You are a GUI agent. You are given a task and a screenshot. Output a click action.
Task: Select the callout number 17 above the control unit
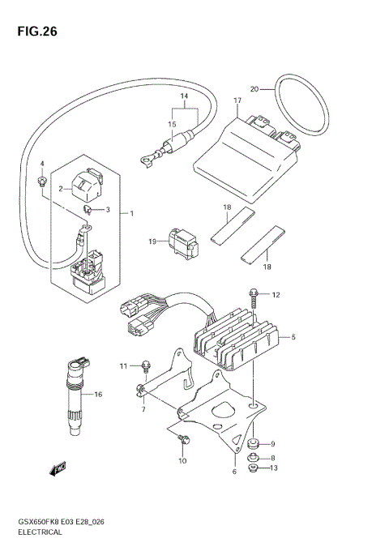point(237,101)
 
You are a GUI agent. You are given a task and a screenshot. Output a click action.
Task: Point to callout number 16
point(97,395)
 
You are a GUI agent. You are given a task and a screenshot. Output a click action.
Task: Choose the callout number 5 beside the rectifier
point(293,337)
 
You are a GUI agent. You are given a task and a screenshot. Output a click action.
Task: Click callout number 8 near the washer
point(273,457)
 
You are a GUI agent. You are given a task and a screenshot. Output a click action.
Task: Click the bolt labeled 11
point(147,365)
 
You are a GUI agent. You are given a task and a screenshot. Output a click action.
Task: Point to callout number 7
point(142,409)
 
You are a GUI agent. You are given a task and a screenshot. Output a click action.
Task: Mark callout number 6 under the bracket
point(235,471)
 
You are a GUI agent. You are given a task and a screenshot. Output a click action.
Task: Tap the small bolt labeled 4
point(41,181)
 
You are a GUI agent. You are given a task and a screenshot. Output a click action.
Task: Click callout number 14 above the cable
point(184,96)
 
